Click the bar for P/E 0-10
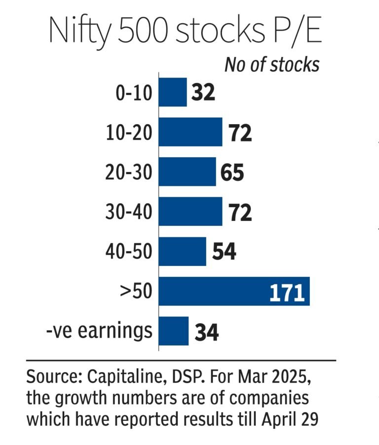click(173, 92)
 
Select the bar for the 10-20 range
click(190, 132)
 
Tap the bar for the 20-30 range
click(187, 172)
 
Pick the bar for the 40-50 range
click(182, 251)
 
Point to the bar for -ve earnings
click(174, 331)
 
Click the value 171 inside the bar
click(286, 292)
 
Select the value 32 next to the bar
click(203, 92)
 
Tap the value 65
click(232, 173)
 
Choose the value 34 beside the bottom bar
click(206, 331)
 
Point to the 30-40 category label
click(128, 212)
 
